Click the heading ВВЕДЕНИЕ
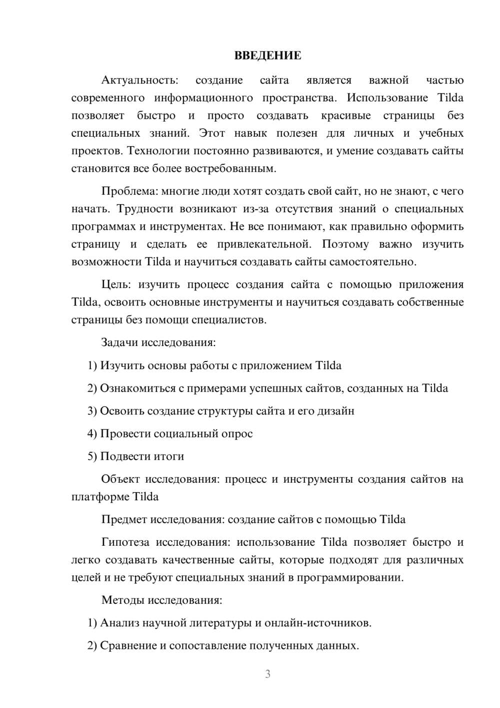pos(267,56)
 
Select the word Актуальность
pos(139,80)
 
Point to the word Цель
pos(116,285)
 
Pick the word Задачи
pos(120,343)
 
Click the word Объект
pos(120,479)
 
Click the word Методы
pos(121,600)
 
